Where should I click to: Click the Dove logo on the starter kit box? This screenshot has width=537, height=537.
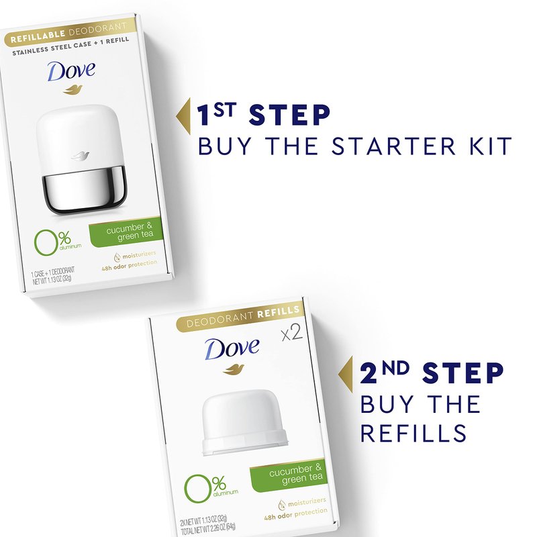[71, 71]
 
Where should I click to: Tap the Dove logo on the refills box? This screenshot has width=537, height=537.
[232, 348]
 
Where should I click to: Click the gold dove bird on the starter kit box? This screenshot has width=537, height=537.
[73, 90]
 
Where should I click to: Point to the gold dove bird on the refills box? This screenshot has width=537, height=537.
[234, 369]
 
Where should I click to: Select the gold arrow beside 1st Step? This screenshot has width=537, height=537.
[183, 115]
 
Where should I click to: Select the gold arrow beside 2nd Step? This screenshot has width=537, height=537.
[345, 375]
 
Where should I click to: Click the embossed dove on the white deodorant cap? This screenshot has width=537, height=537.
[80, 156]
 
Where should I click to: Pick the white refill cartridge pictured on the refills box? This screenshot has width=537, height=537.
[244, 422]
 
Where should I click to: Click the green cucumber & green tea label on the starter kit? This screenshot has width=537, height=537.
[126, 232]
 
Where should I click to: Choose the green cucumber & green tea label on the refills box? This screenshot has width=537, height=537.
[289, 475]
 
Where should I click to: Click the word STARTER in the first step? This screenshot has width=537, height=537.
[393, 146]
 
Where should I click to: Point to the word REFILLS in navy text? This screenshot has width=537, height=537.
[413, 433]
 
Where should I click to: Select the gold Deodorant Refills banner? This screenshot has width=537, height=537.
[240, 318]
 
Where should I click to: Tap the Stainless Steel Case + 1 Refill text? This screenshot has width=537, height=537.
[71, 46]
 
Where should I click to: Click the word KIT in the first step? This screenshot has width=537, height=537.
[490, 146]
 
